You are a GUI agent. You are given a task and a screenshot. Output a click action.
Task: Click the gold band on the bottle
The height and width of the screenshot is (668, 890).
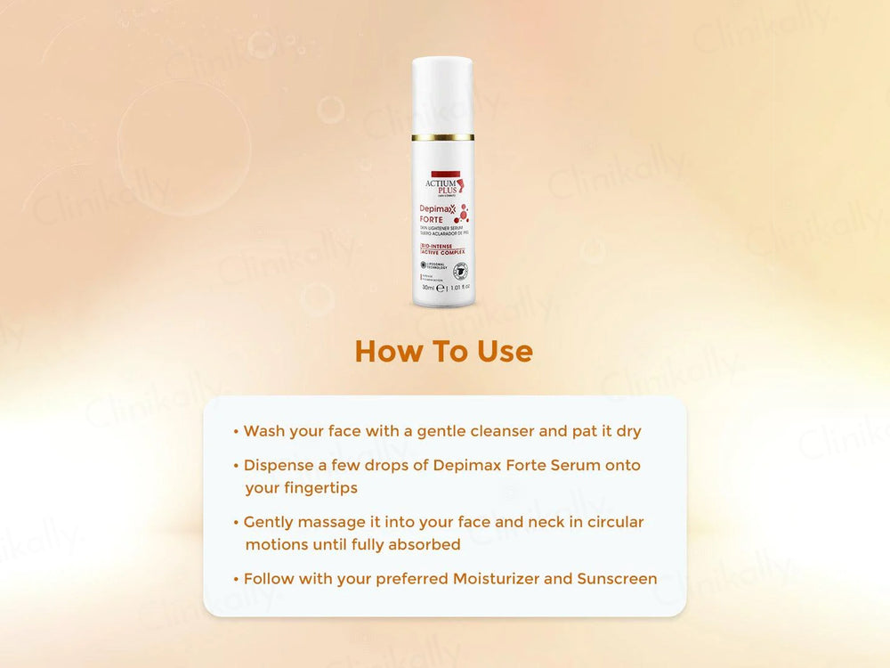coord(442,137)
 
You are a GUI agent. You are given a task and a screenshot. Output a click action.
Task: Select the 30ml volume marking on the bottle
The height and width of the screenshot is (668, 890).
coord(430,288)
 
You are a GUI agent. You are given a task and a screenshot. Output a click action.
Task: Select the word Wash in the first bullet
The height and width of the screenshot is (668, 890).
coord(264,431)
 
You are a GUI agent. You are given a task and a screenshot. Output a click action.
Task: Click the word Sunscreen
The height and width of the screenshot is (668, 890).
coord(617,579)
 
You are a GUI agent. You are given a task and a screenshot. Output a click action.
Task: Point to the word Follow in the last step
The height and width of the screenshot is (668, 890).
coord(270,579)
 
